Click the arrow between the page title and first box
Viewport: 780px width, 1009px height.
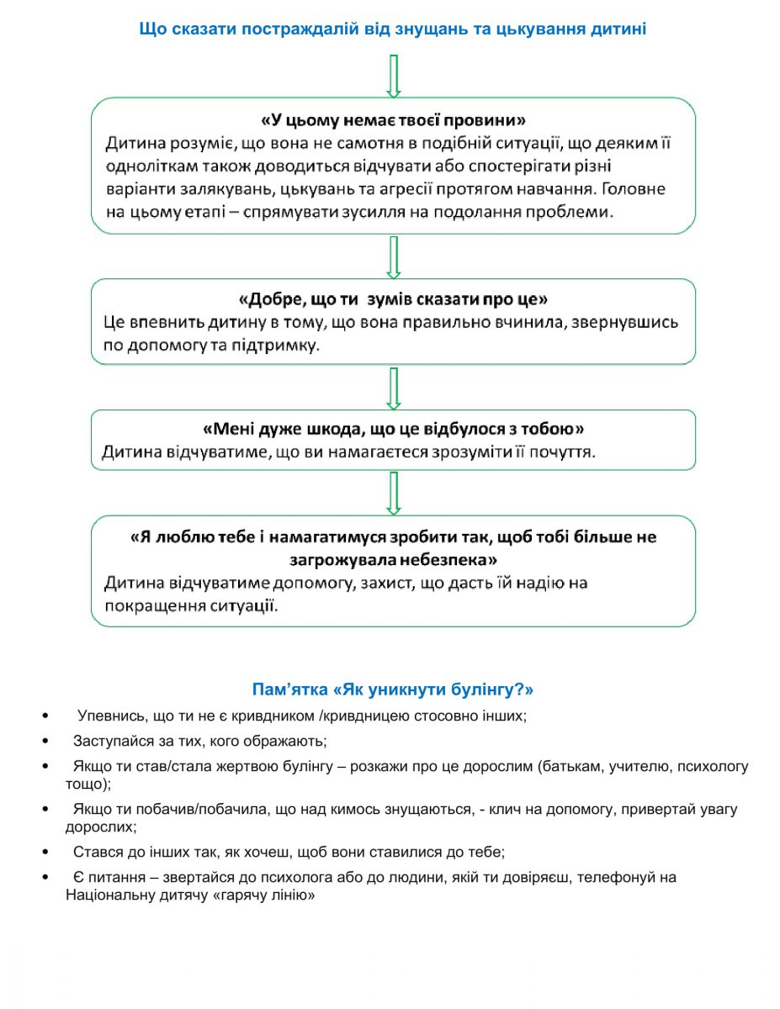point(393,75)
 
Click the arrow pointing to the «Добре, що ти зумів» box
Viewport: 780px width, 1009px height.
point(393,256)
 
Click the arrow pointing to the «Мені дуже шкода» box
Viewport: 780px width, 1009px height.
point(393,388)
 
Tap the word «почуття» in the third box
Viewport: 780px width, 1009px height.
point(566,453)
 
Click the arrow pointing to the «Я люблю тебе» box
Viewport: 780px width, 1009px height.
point(393,494)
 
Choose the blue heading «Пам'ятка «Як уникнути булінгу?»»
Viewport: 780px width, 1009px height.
point(393,690)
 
